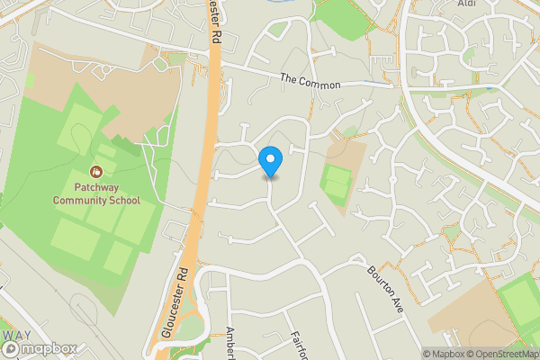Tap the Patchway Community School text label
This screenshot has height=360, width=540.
pos(95,193)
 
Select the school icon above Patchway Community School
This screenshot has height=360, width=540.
pos(95,171)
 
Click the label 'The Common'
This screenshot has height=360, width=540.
pos(310,83)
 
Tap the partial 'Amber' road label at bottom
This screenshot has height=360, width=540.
pos(230,343)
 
